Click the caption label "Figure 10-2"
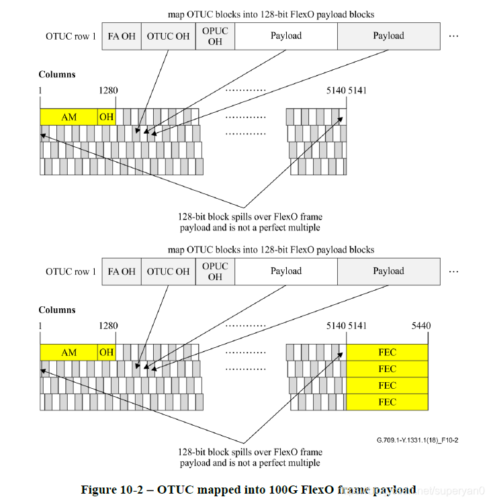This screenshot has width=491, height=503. pos(111,490)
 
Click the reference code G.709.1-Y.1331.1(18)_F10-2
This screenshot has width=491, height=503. pos(417,441)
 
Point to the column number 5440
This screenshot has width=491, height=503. pos(420,326)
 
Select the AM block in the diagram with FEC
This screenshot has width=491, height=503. pos(69,353)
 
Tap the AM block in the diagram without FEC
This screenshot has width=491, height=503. pos(69,117)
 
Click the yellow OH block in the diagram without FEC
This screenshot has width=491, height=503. pos(106,117)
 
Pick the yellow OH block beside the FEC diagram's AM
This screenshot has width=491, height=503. pos(106,353)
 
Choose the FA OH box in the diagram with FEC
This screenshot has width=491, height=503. pos(122,271)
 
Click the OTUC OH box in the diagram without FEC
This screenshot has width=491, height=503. pos(168,36)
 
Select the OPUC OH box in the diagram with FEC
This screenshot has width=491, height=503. pos(215,271)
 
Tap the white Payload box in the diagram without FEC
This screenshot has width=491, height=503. pos(286,36)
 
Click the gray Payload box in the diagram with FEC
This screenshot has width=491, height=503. pos(389,271)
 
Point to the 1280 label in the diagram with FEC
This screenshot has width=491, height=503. pos(107,326)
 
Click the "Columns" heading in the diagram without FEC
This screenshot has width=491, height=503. pos(57,75)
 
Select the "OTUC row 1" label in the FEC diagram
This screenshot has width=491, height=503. pos(71,271)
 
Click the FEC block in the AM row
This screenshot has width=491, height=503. pos(387,353)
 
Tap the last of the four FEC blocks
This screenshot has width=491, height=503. pos(387,402)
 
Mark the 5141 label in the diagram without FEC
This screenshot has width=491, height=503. pos(357,90)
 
